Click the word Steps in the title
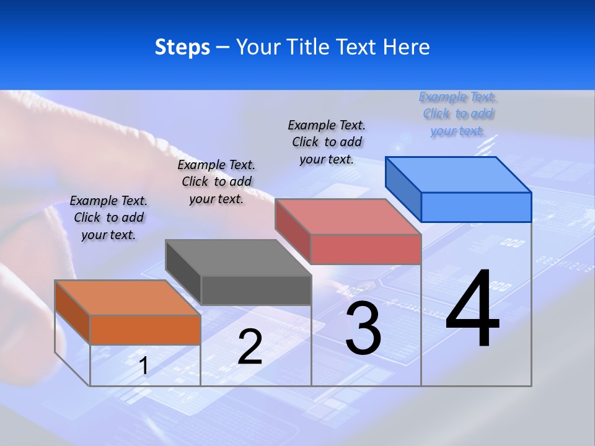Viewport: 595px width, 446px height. [x=182, y=48]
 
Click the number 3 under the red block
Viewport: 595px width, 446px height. [x=363, y=329]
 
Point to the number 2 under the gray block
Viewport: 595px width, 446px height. [x=250, y=347]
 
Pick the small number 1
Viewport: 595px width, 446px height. [x=144, y=366]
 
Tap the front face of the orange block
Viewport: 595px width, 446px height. [x=145, y=330]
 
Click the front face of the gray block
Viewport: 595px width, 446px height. [x=256, y=290]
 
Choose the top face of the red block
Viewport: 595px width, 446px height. [x=348, y=217]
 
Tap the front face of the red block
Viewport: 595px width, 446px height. [x=366, y=249]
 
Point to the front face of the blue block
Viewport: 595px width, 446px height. [x=476, y=207]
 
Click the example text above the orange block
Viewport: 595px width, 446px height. [x=108, y=217]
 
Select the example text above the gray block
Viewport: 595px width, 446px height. [x=216, y=181]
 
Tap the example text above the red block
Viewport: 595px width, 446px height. [x=327, y=142]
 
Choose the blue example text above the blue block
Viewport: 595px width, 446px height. [x=458, y=113]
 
